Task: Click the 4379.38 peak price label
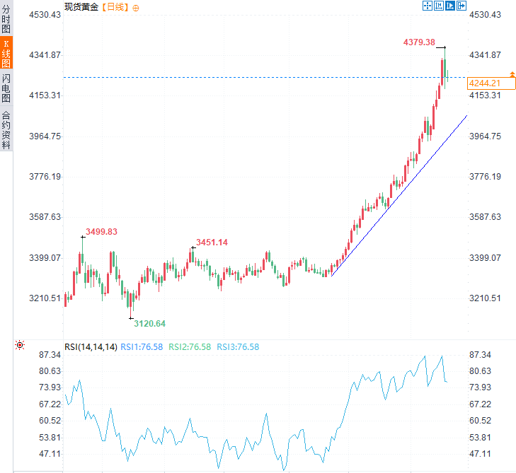[x=419, y=42]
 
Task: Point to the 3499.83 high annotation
[x=101, y=231]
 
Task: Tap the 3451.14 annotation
[x=212, y=243]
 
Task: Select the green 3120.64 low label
[x=150, y=323]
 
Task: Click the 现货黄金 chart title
[x=81, y=6]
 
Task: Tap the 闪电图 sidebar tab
[x=6, y=88]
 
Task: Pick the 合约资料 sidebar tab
[x=6, y=130]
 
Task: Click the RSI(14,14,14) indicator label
[x=91, y=346]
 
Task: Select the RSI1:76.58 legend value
[x=142, y=346]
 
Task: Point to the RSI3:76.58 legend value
[x=238, y=346]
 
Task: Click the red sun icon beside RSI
[x=20, y=345]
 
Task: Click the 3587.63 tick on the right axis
[x=485, y=217]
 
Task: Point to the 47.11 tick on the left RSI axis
[x=47, y=453]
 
